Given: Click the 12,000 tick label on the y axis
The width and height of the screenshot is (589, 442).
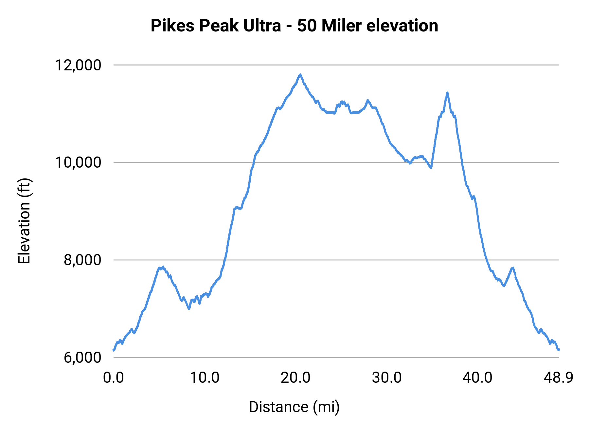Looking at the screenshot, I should [78, 65].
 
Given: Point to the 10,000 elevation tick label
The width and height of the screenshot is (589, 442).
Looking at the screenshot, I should [78, 162].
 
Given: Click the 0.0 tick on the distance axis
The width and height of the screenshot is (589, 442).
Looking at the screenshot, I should [113, 378].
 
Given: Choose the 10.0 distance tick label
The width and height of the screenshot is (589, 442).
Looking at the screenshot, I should [205, 378].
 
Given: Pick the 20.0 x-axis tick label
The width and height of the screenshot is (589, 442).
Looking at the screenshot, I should [295, 378].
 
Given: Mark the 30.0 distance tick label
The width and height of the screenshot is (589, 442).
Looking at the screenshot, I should [387, 378].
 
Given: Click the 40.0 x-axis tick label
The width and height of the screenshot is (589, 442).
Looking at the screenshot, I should [477, 378].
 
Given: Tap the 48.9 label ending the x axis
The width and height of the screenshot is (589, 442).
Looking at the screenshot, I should [558, 378].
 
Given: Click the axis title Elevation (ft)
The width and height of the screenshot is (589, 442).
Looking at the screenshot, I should [24, 221].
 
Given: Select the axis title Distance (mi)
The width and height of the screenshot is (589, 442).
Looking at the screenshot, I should [294, 407].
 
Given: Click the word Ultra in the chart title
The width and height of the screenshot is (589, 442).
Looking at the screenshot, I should [262, 26].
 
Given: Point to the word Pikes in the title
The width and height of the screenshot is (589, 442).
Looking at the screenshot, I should [172, 26].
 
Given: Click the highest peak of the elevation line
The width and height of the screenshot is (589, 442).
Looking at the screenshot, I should [300, 75].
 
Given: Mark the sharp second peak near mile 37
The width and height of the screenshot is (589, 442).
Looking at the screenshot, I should [447, 93].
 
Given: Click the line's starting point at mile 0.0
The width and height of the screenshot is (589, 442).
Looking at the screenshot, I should [114, 350].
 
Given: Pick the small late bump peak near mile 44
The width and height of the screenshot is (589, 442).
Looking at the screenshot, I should [513, 268].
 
